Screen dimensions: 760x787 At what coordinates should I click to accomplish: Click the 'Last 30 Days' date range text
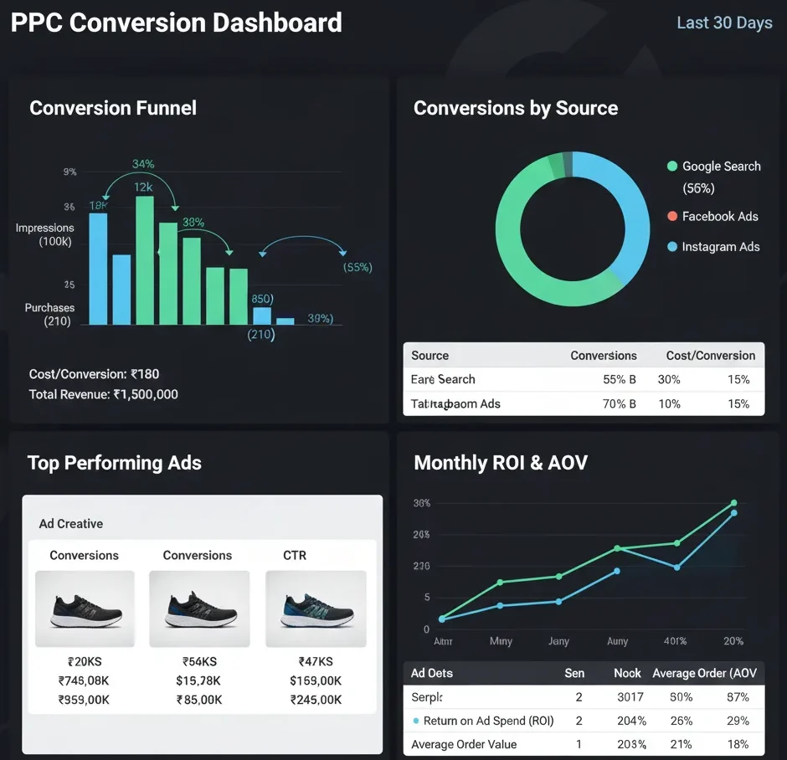(724, 23)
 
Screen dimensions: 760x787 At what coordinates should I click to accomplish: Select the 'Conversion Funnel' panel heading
(113, 108)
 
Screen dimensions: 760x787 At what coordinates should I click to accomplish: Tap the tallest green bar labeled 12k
(145, 259)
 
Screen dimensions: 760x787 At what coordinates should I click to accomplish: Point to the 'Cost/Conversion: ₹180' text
(94, 374)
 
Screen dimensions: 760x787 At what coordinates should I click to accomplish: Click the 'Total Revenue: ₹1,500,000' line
(103, 394)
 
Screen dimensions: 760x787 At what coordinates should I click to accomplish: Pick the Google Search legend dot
(671, 167)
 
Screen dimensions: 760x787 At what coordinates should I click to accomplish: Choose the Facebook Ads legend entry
(719, 217)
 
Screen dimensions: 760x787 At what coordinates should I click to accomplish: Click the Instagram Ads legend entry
(719, 247)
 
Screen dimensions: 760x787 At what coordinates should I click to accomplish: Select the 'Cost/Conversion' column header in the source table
(710, 356)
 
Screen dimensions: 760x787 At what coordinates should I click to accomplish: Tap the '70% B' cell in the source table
(620, 403)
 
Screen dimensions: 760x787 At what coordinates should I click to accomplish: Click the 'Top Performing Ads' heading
(115, 463)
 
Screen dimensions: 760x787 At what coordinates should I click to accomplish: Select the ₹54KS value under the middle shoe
(199, 661)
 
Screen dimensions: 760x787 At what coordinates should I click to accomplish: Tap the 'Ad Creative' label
(71, 524)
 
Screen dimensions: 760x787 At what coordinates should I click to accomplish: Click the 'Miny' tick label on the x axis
(501, 641)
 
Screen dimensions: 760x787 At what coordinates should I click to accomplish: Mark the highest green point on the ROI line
(733, 503)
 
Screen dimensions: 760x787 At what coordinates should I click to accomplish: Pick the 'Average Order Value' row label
(464, 744)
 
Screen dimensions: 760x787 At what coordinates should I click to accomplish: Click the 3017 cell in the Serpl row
(630, 696)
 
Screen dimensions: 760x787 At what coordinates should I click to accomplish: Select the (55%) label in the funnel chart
(357, 268)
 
